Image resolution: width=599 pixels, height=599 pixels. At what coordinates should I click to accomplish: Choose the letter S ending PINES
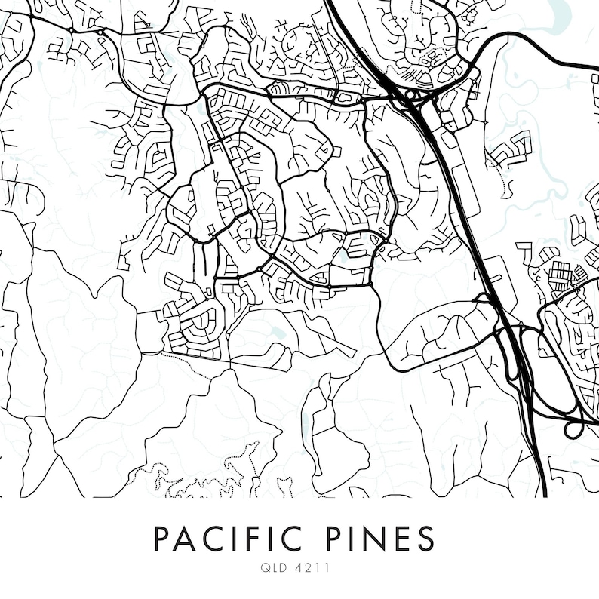(x=425, y=539)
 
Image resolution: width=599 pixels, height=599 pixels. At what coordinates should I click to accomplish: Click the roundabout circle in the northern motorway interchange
(x=413, y=95)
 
